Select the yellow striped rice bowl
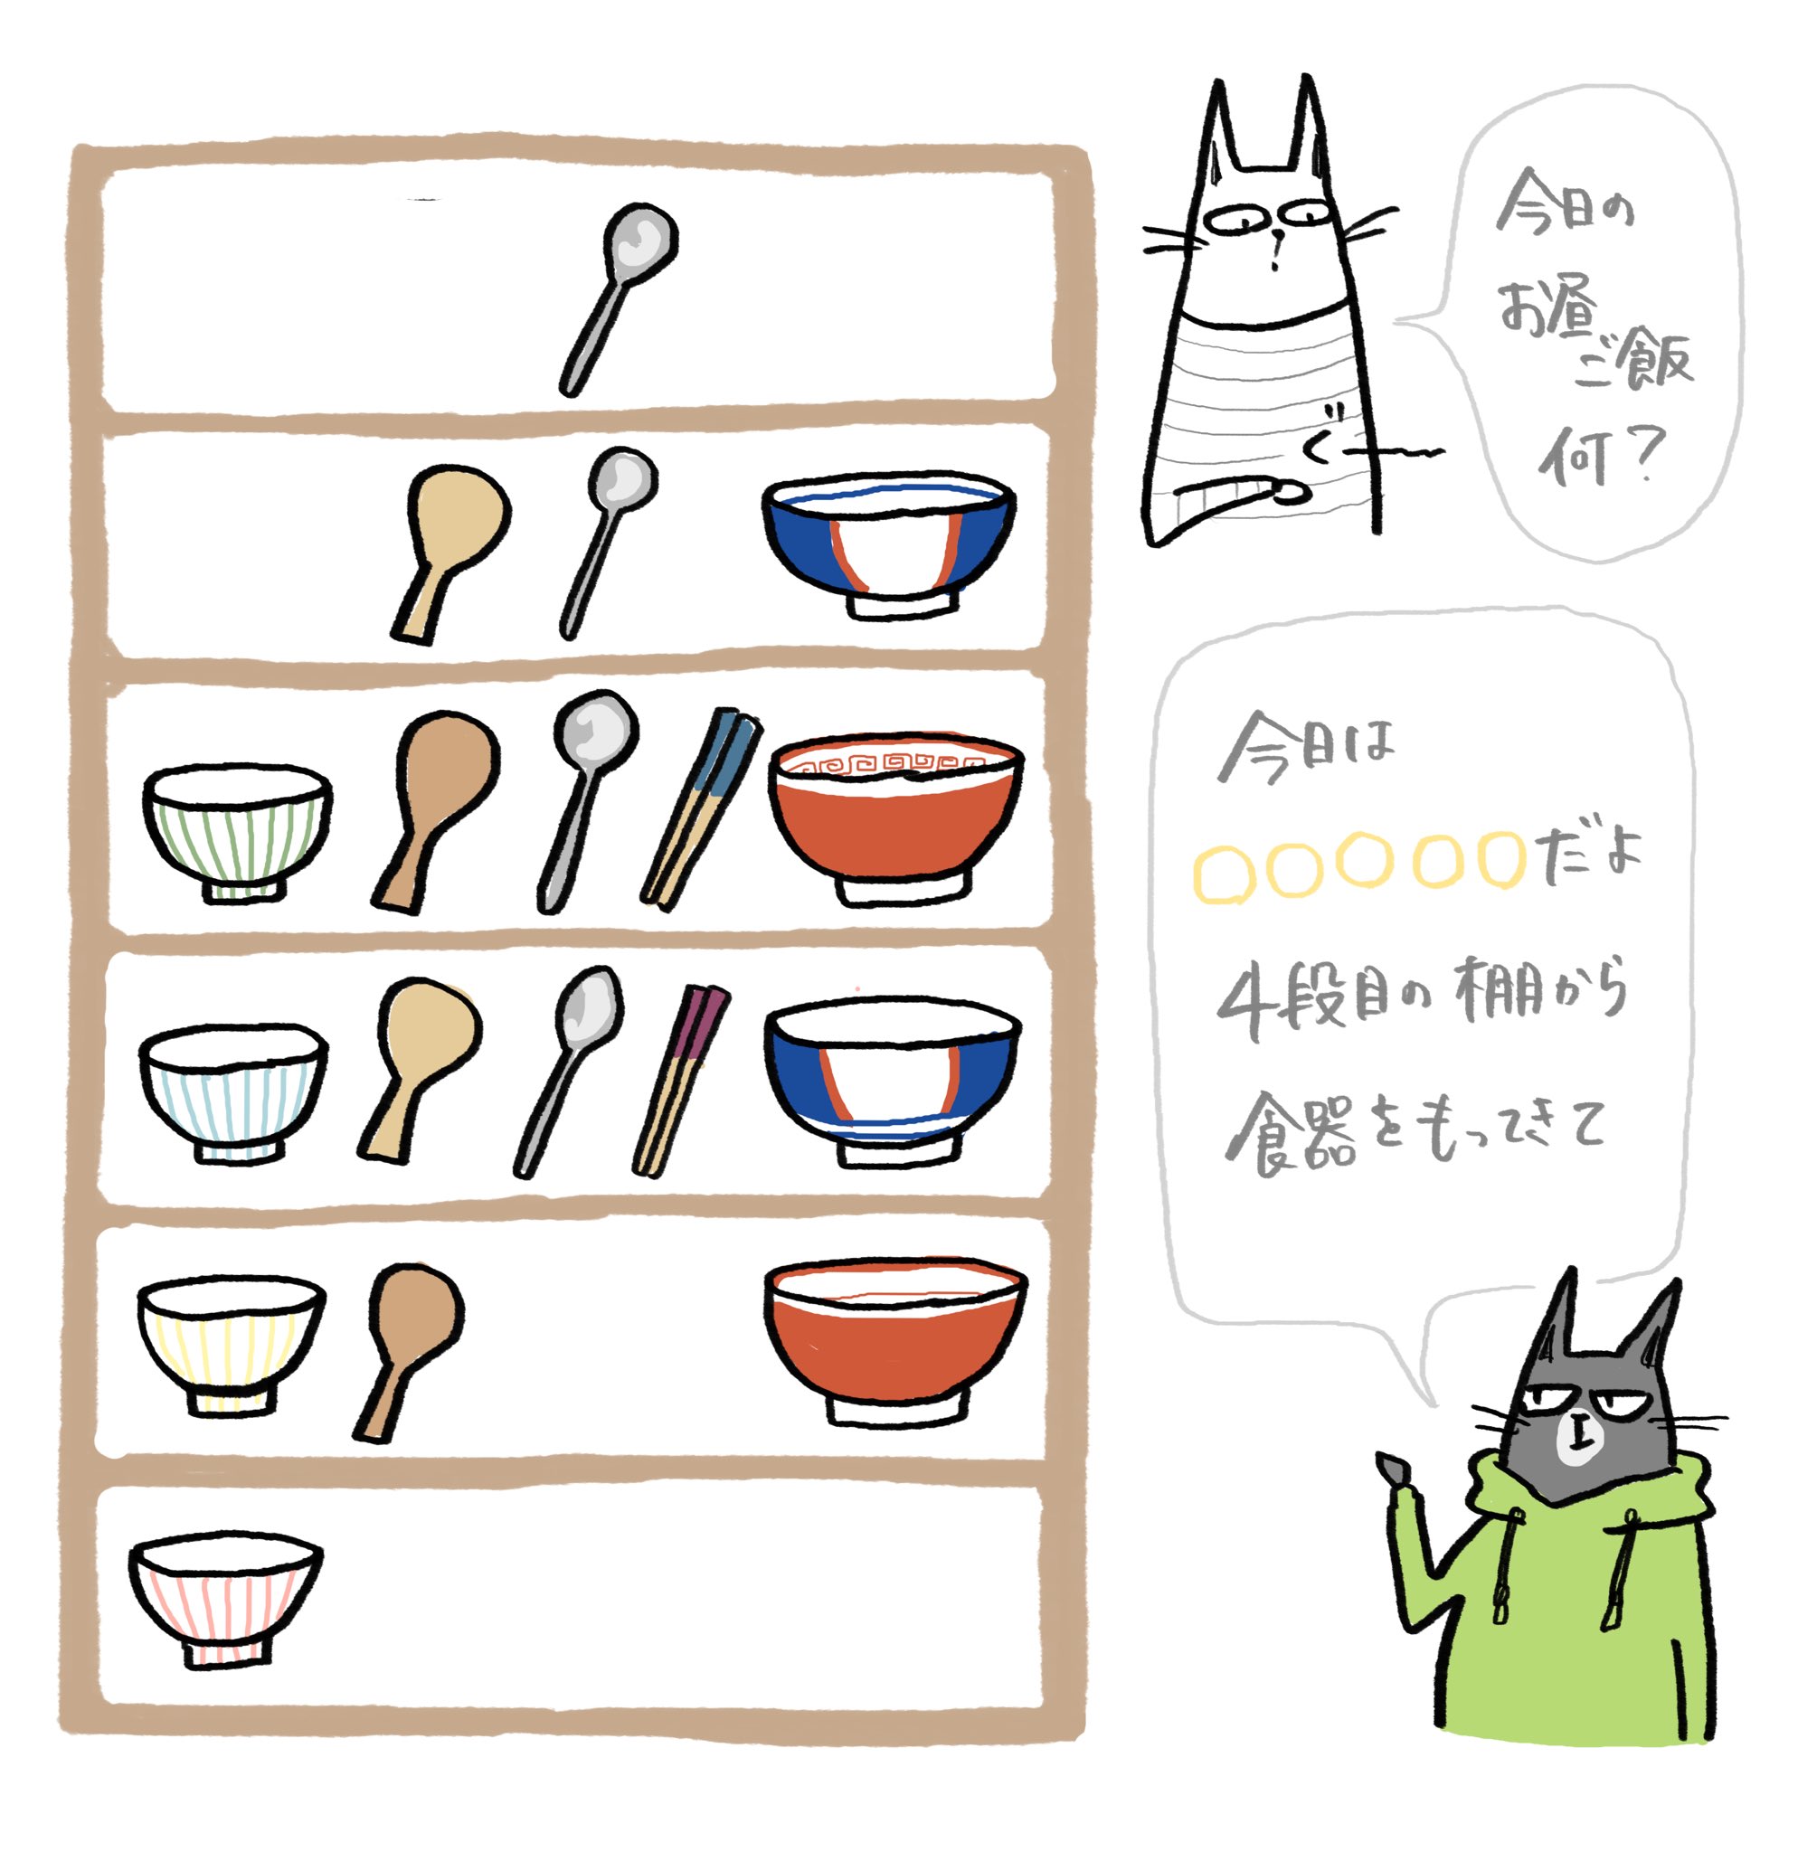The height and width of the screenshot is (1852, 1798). point(231,1342)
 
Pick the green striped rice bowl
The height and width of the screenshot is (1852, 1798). point(237,832)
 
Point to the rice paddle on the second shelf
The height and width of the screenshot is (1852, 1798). point(449,548)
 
